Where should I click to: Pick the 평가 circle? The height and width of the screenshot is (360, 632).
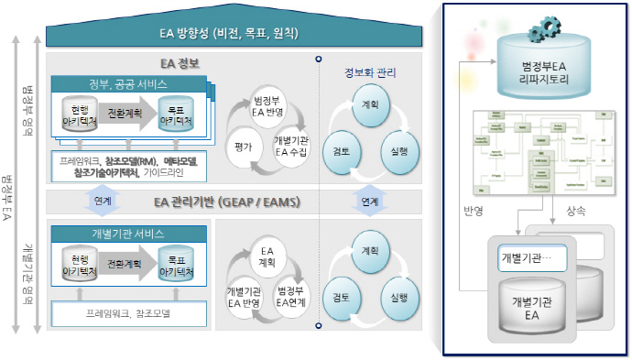click(243, 145)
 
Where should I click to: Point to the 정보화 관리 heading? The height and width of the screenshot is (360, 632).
click(369, 72)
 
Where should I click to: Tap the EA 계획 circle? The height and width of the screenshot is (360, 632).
click(267, 255)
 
